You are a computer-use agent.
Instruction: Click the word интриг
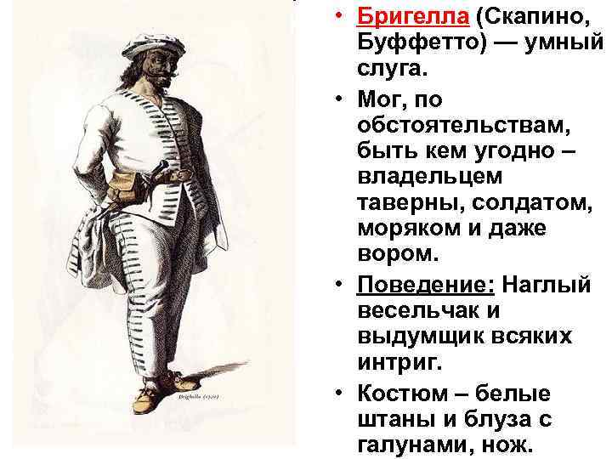(398, 363)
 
